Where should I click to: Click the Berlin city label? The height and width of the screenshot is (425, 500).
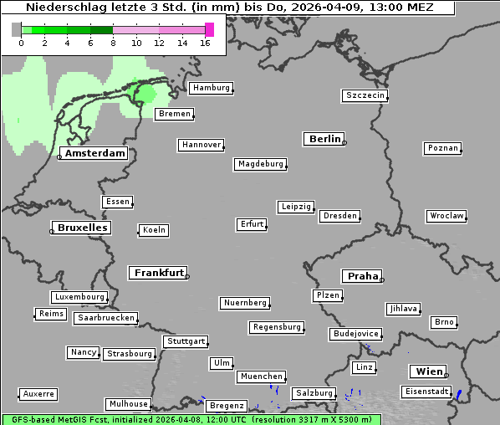coord(324,139)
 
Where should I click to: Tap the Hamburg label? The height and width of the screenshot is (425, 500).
coord(211,88)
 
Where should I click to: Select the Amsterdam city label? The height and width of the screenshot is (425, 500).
coord(95,154)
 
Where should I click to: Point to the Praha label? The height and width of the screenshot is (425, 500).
coord(362,276)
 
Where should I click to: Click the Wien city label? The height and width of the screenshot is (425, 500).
coord(428,371)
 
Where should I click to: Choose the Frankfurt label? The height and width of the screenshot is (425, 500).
coord(159,273)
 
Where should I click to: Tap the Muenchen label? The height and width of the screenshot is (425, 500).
coord(262,376)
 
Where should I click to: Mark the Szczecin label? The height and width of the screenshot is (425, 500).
coord(365,95)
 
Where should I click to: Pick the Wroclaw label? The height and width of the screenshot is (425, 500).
coord(446,216)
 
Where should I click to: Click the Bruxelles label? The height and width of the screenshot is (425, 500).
coord(82,228)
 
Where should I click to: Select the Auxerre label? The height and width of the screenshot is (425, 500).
coord(38,393)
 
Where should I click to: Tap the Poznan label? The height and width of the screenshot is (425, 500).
coord(443,148)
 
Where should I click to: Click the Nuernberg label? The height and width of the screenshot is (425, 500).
coord(246,303)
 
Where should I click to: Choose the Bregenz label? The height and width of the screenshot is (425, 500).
coord(226,406)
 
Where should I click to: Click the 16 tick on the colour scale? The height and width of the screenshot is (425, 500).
coord(206,43)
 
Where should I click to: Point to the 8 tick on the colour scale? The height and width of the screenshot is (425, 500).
coord(113,43)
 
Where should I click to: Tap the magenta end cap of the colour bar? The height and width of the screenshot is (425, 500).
coord(209,29)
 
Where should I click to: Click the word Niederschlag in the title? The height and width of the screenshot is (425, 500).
coord(63,8)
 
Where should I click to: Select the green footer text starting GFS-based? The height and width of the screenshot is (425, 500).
coord(191,419)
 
